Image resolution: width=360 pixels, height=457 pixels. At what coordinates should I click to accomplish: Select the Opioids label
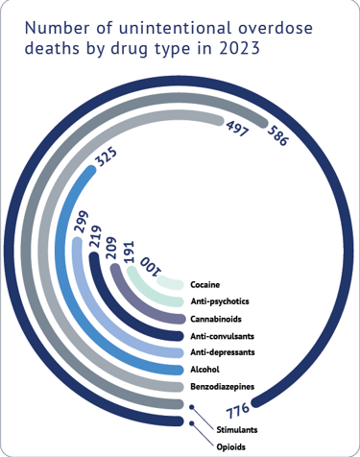231,447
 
